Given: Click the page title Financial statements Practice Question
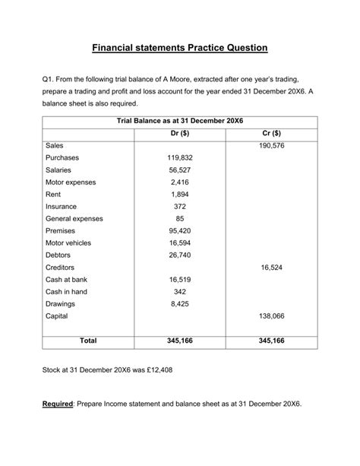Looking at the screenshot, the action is [180, 47].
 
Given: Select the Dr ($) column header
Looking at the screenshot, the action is [180, 133].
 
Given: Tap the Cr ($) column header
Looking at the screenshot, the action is [271, 133].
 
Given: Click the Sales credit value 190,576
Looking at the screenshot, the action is [271, 145].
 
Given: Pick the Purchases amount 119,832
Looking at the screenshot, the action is [180, 157].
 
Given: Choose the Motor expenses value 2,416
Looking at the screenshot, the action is [180, 182].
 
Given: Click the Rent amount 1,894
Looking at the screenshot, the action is [180, 195].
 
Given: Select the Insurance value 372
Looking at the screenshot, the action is [180, 207].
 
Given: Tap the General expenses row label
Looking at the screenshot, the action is [74, 219].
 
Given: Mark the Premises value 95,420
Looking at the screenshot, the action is [180, 230].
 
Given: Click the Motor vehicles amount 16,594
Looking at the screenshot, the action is [180, 243].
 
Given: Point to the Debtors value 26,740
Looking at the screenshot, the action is [180, 255].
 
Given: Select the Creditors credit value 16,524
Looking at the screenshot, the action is [271, 268].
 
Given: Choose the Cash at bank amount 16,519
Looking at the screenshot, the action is [180, 280].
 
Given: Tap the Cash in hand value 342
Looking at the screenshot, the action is [180, 292].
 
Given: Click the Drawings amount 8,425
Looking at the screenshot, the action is [180, 304].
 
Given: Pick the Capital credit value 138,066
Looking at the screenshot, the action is [271, 315].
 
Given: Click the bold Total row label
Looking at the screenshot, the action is [88, 341].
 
